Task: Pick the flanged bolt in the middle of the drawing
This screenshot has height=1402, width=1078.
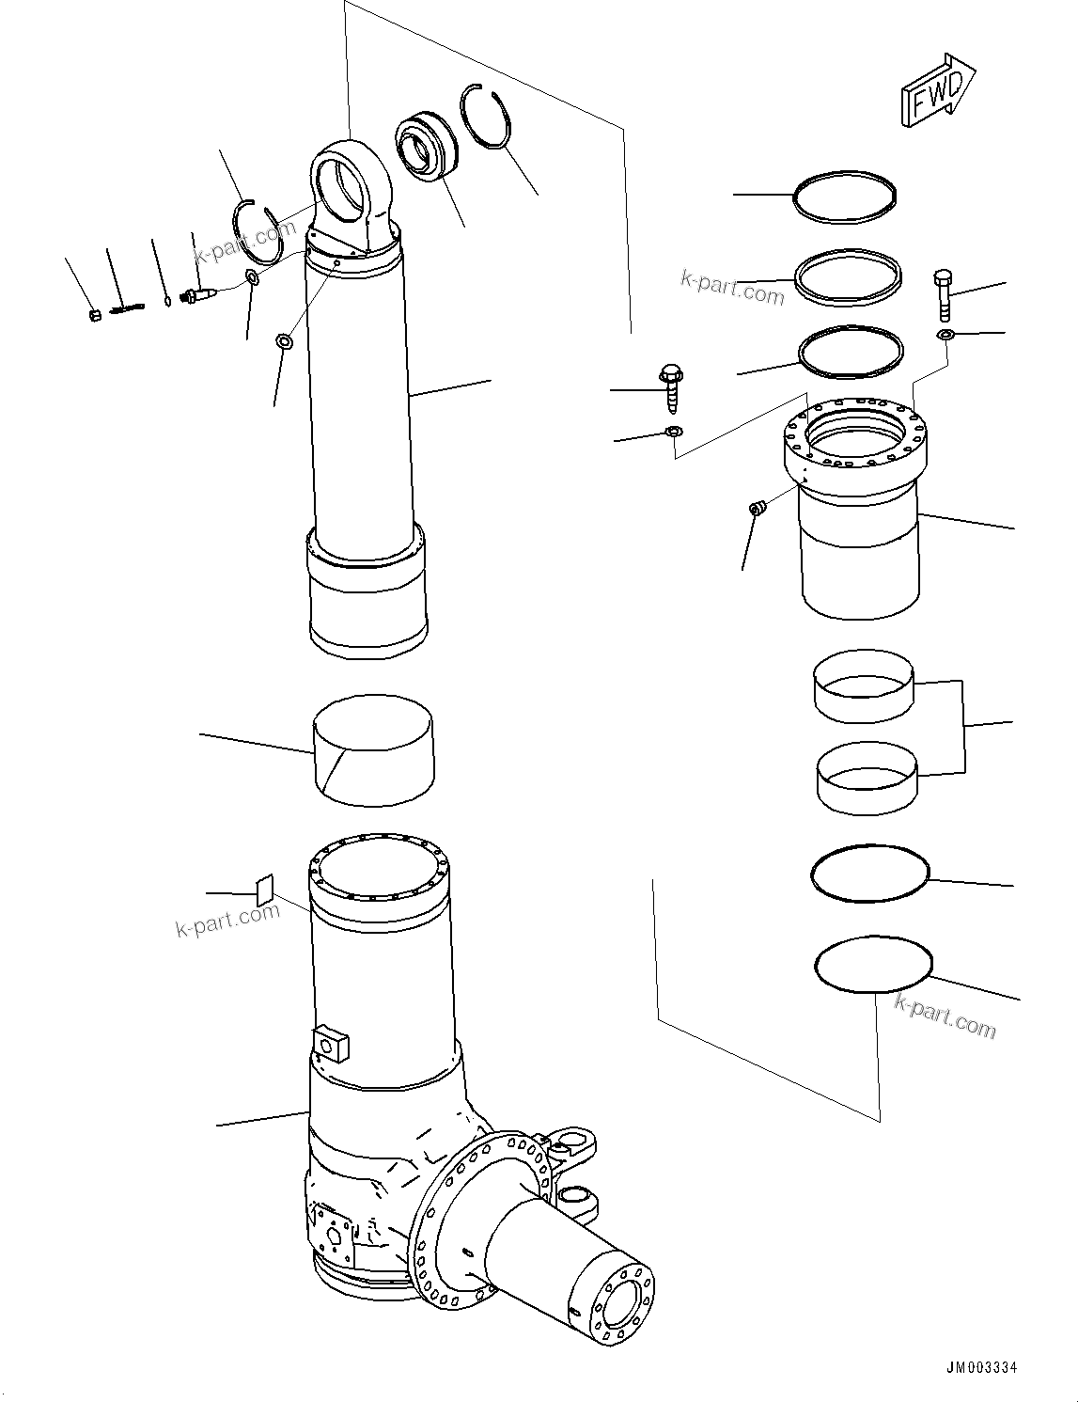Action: click(670, 386)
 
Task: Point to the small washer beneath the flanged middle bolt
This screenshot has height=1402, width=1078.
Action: click(672, 432)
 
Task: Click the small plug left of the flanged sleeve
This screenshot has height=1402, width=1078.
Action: click(757, 509)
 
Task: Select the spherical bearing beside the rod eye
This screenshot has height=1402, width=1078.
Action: click(425, 144)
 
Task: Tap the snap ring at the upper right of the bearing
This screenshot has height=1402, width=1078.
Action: click(488, 118)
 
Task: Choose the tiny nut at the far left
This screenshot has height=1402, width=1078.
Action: click(94, 315)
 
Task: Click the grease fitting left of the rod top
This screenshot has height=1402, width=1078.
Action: click(201, 296)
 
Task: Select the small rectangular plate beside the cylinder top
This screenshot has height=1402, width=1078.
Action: click(265, 889)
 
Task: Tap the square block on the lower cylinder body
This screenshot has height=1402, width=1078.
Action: click(332, 1041)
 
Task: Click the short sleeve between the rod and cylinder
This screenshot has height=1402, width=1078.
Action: click(372, 749)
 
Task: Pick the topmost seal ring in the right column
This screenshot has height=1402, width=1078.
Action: click(844, 197)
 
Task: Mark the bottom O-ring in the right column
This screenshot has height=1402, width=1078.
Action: click(873, 965)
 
